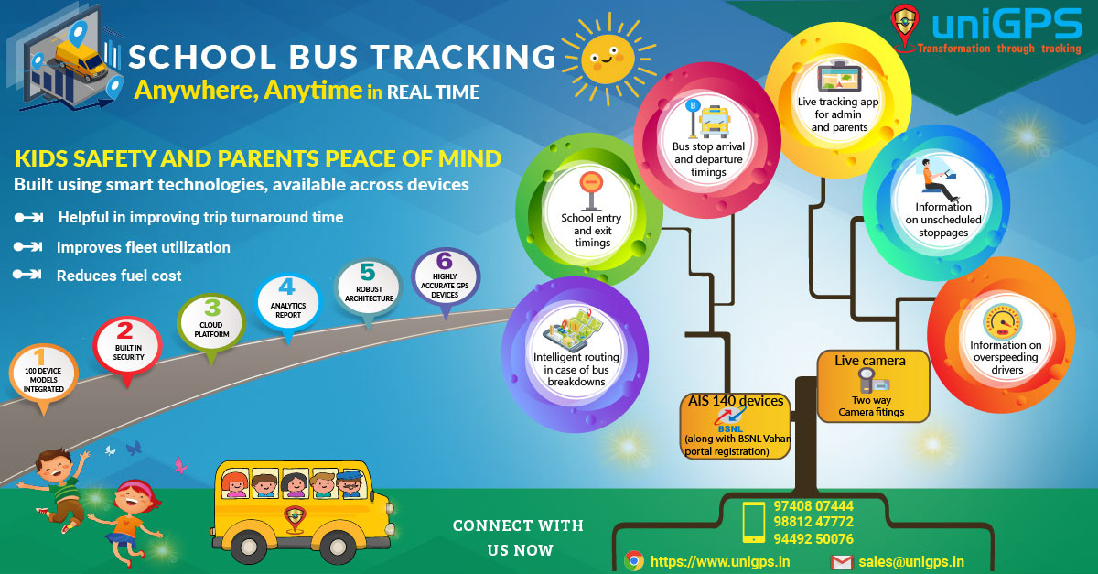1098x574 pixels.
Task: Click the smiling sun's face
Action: pyautogui.click(x=608, y=59)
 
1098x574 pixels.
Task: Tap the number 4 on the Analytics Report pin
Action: pyautogui.click(x=287, y=287)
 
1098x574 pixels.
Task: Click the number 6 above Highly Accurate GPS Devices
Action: pyautogui.click(x=444, y=261)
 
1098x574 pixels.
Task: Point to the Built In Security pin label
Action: pyautogui.click(x=128, y=352)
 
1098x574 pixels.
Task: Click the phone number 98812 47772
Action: pyautogui.click(x=813, y=522)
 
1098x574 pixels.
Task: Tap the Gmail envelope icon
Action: pyautogui.click(x=842, y=562)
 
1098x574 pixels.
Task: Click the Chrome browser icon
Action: pyautogui.click(x=634, y=561)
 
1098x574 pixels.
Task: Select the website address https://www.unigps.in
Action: pyautogui.click(x=719, y=562)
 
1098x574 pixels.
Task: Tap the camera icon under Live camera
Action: pyautogui.click(x=873, y=381)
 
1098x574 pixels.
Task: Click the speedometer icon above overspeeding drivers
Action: pyautogui.click(x=1003, y=322)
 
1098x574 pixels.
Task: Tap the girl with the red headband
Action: pyautogui.click(x=128, y=520)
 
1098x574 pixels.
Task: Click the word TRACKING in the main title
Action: pyautogui.click(x=463, y=57)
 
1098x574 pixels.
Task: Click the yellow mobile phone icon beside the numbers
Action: pyautogui.click(x=753, y=522)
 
